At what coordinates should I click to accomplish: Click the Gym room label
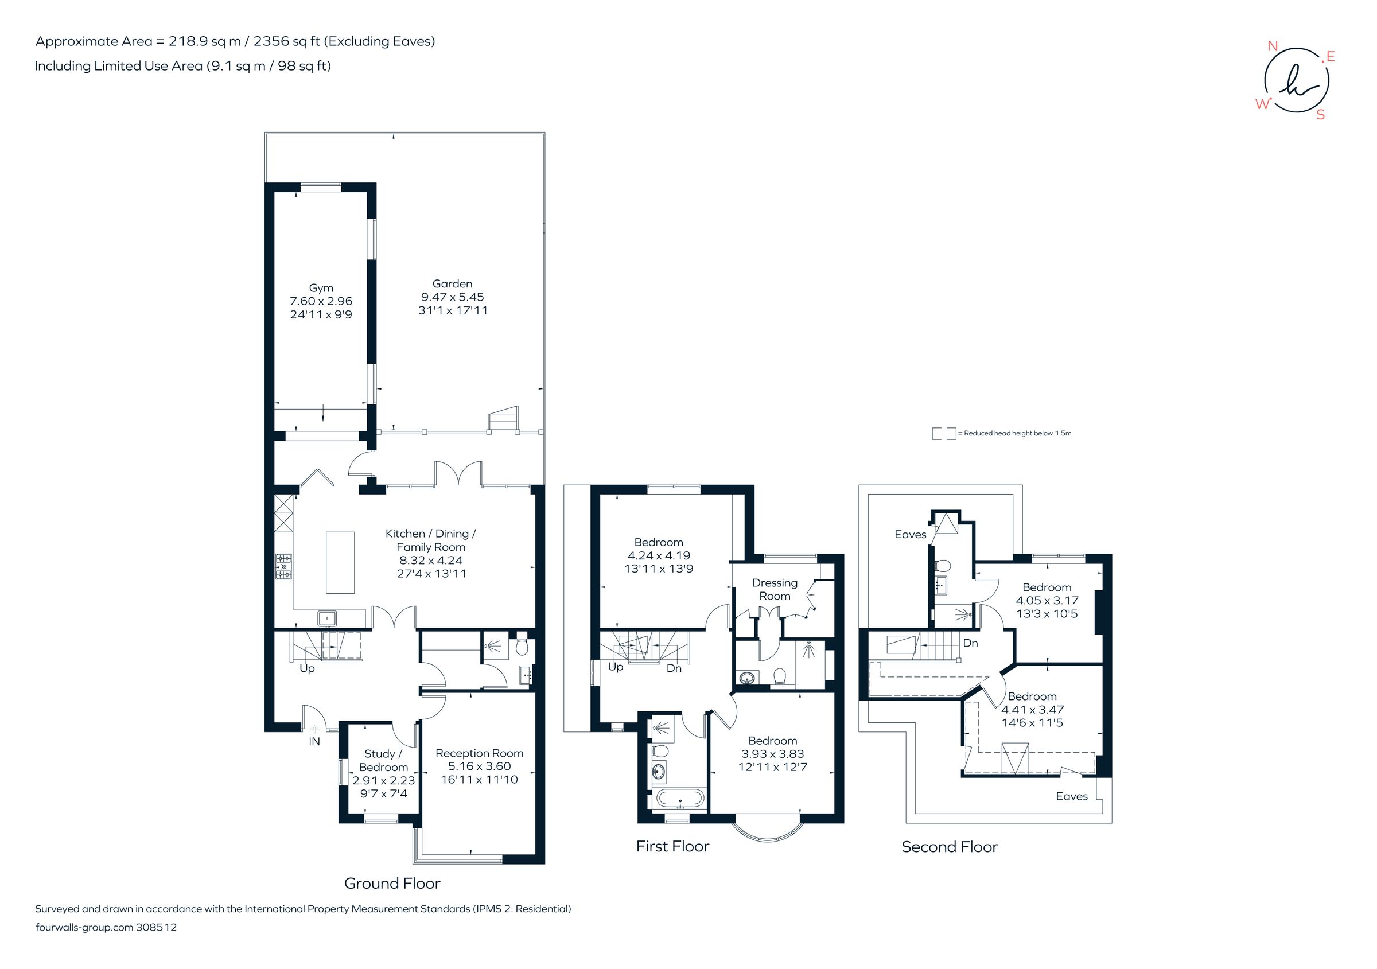coord(321,288)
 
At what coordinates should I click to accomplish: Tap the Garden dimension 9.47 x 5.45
coord(452,297)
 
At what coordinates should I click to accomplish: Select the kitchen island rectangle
coord(340,562)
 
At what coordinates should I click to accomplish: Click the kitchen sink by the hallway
coord(327,618)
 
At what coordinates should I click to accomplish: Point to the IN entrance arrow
coord(314,730)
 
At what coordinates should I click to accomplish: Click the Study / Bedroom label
coord(383,760)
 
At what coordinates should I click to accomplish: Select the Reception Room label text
coord(479,753)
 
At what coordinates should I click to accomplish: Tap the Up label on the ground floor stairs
coord(306,668)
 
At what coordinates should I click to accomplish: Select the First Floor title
coord(672,846)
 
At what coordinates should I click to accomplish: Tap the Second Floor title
coord(950,847)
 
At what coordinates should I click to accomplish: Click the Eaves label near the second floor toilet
coord(910,534)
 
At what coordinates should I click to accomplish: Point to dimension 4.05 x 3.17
coord(1047,600)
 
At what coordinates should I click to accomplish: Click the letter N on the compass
coord(1272,46)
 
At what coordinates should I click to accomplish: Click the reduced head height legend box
coord(943,434)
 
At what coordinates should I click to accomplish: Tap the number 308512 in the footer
coord(157,927)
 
